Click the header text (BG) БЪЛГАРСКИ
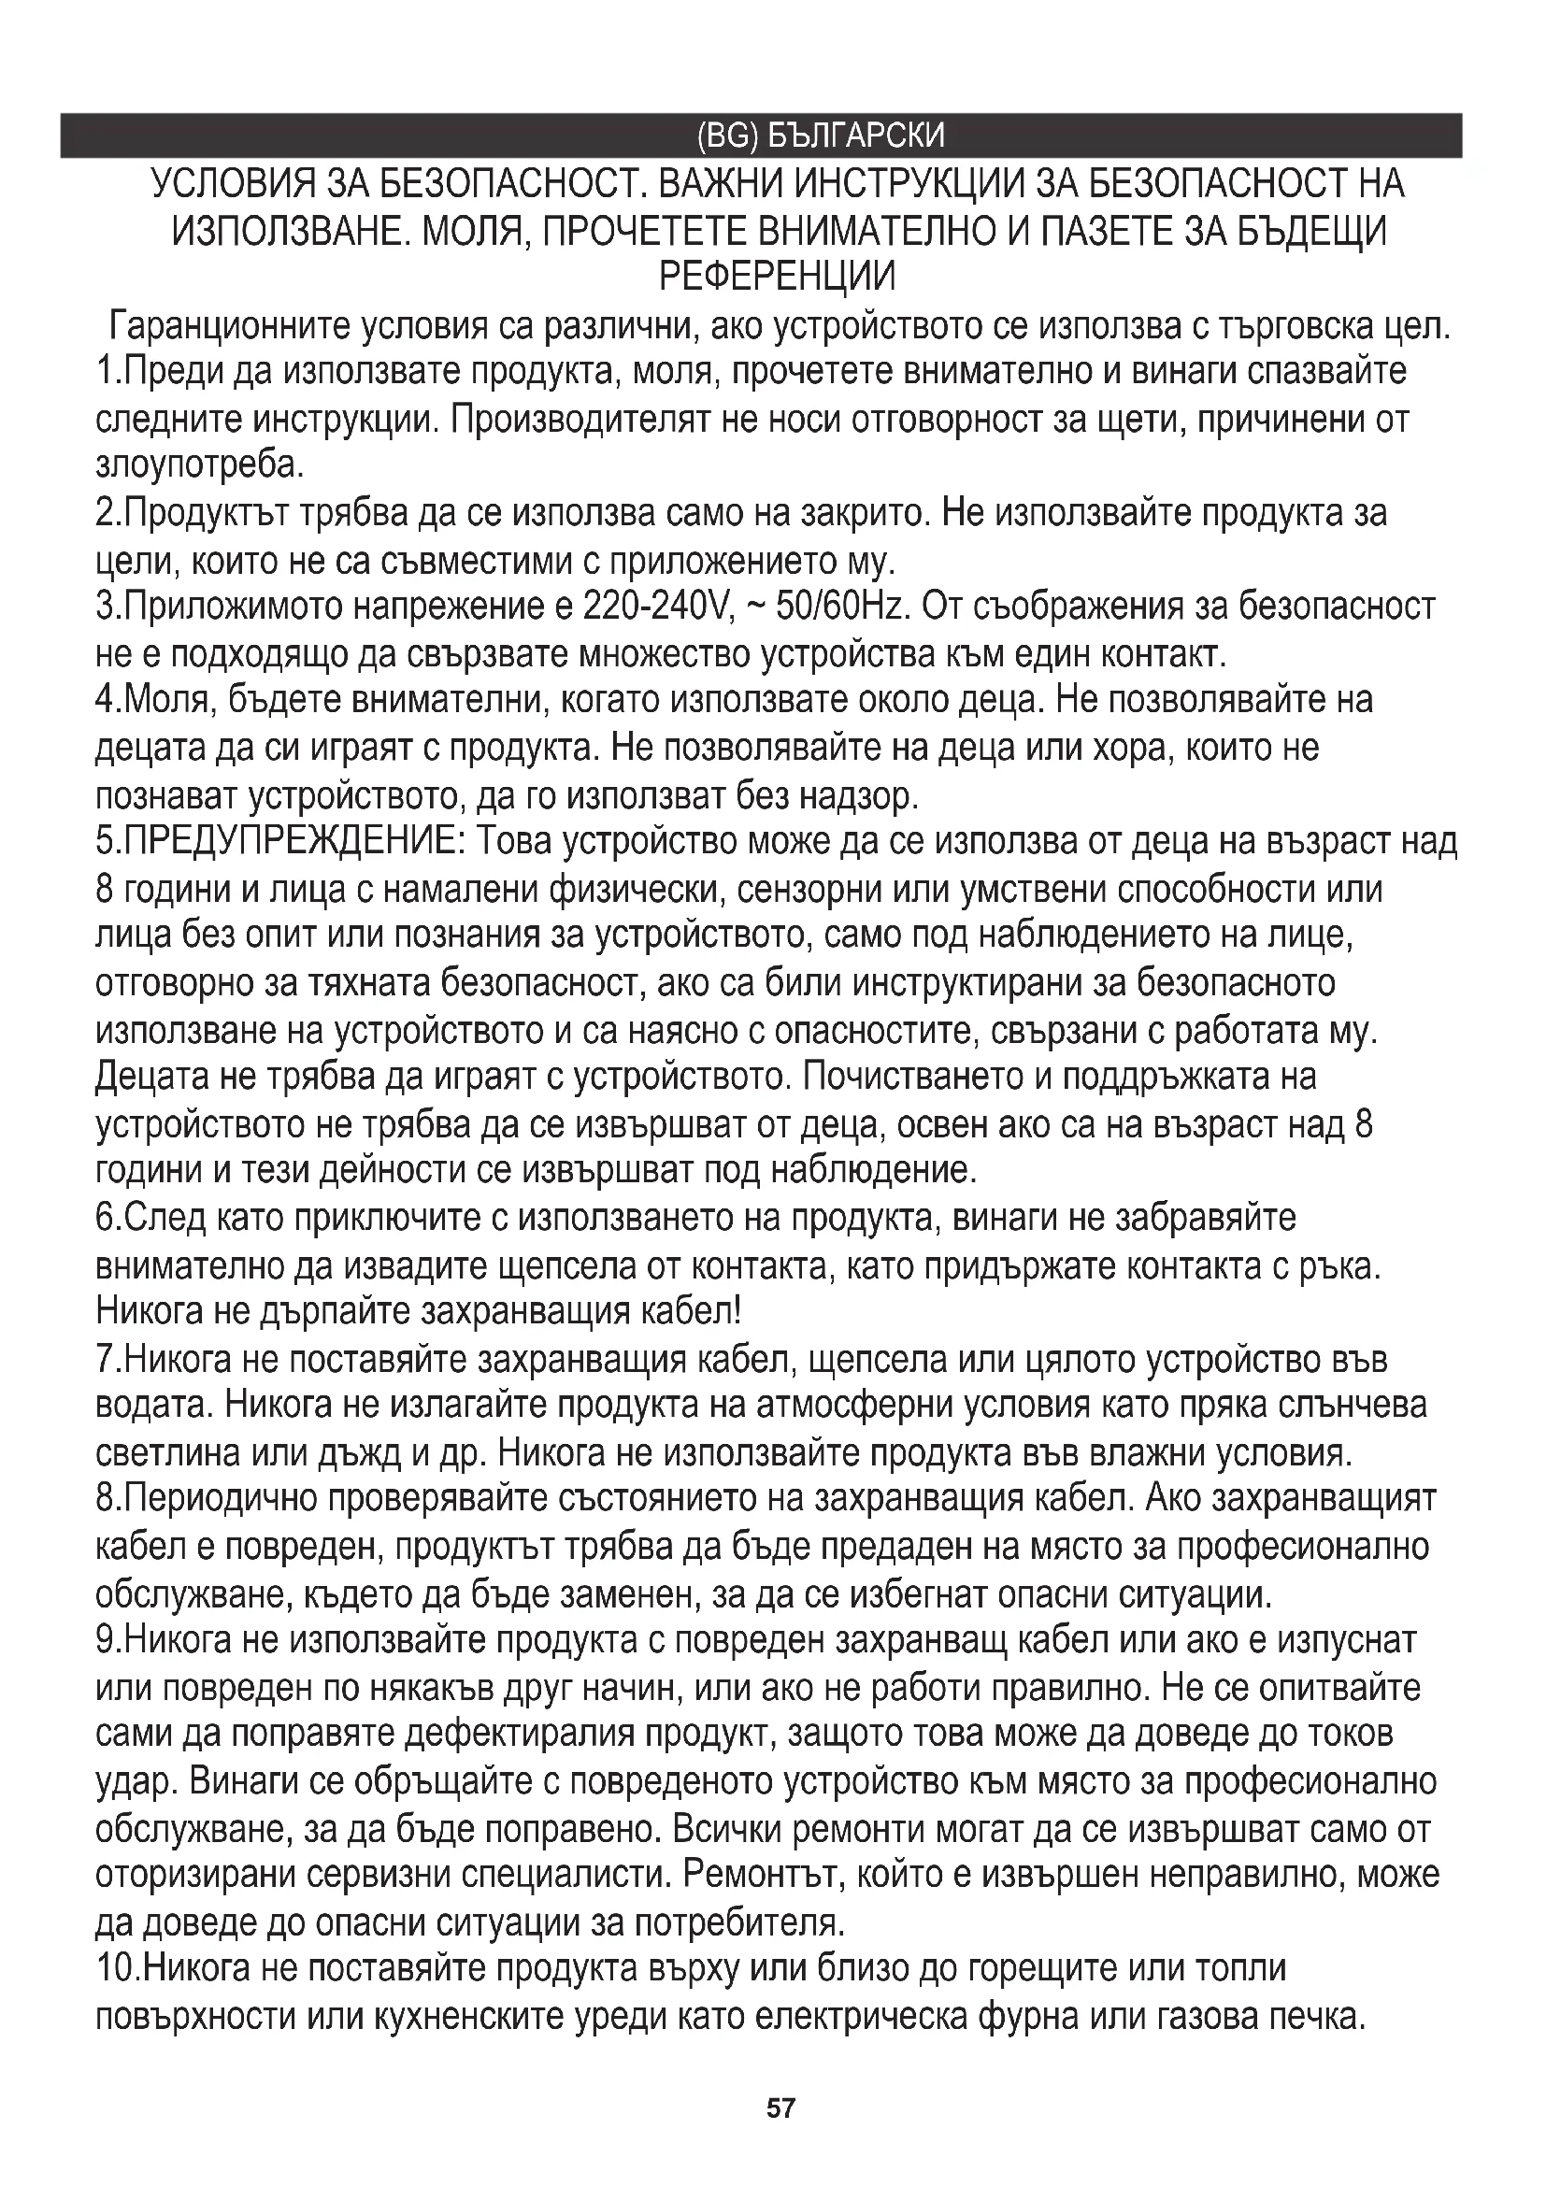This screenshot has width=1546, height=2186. [x=821, y=136]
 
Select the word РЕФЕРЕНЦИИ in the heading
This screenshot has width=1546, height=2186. [x=778, y=277]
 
